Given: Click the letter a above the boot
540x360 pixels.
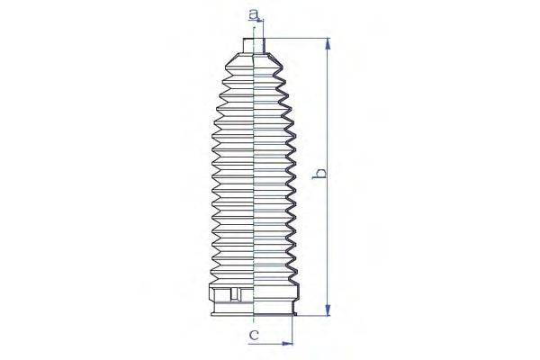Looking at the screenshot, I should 255,13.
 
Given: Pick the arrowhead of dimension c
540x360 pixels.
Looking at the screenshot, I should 289,343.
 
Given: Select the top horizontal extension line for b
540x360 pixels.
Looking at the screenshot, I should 297,38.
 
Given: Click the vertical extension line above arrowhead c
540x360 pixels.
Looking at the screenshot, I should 294,328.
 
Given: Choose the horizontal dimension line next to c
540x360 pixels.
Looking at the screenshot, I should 274,343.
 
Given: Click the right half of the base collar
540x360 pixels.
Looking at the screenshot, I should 274,297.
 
